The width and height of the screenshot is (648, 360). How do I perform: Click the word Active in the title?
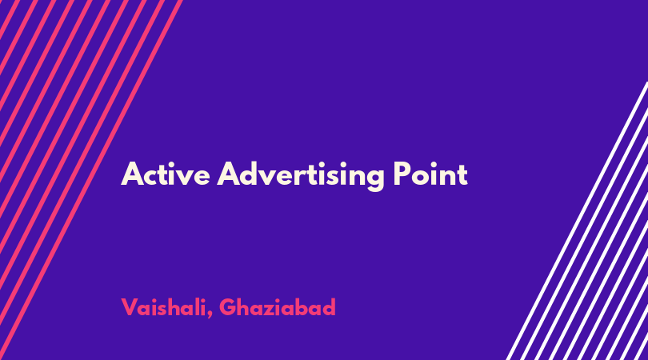166,174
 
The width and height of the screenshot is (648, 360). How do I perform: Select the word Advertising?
301,176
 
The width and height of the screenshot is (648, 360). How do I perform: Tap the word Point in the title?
430,174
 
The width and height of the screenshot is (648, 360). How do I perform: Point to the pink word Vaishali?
164,307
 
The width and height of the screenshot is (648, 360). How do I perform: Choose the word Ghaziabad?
278,307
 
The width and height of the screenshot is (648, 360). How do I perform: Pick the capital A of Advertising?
229,174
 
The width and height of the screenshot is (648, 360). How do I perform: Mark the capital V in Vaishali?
130,307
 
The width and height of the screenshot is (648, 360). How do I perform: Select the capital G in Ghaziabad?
228,307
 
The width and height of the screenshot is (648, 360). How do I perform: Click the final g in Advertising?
374,179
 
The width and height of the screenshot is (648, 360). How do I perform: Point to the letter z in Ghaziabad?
269,310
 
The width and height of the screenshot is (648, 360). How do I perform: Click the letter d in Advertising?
252,174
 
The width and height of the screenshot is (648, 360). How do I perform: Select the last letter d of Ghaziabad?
328,307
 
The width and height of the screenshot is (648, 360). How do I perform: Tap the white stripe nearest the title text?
577,221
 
